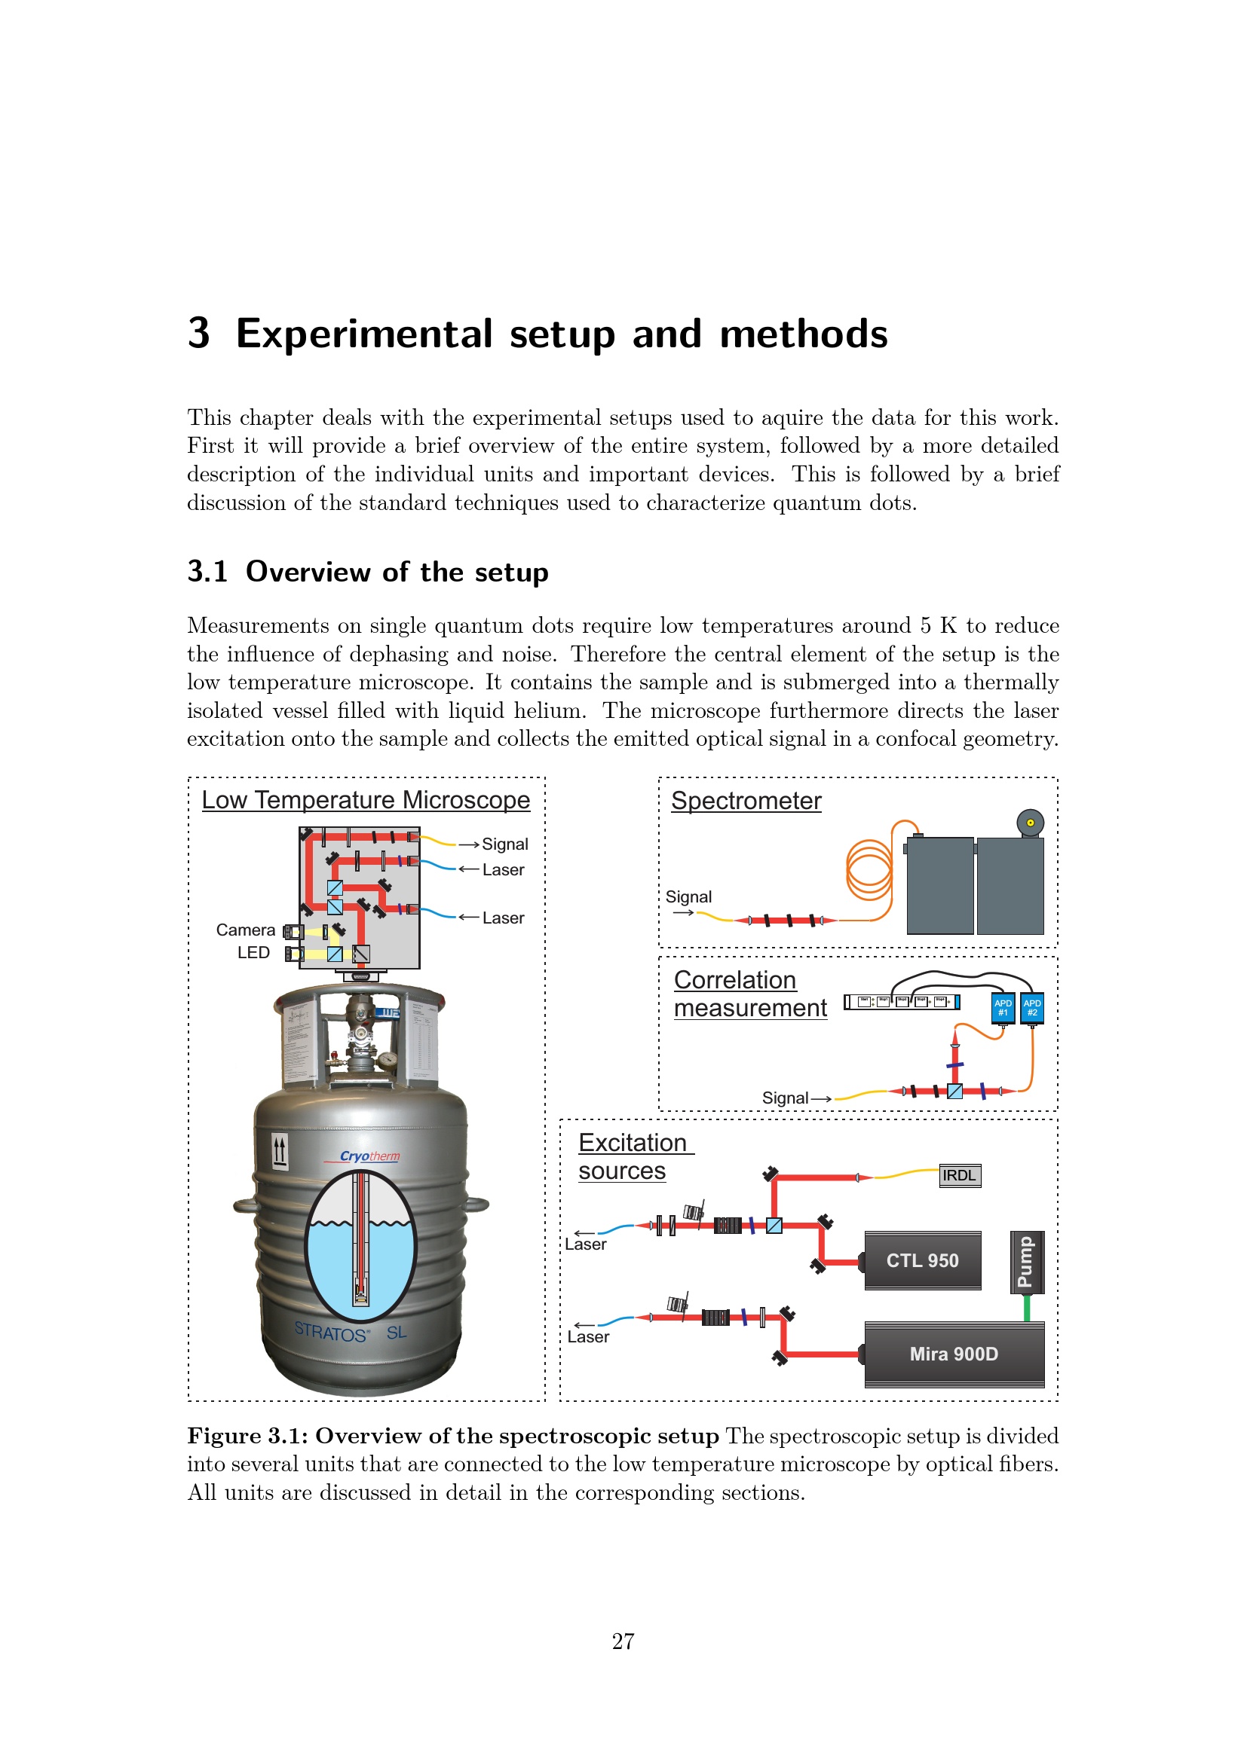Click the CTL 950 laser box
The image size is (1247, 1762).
click(922, 1260)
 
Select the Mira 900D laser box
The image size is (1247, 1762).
click(954, 1354)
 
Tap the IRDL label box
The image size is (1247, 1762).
click(960, 1176)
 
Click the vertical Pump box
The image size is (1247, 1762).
click(1025, 1262)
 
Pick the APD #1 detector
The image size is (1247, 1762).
click(1002, 1008)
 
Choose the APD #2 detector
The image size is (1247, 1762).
click(1032, 1008)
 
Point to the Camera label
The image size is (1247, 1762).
click(245, 930)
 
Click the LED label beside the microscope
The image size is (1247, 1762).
click(253, 952)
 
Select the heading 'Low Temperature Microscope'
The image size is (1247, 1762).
click(366, 800)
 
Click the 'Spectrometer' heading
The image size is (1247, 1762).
click(746, 801)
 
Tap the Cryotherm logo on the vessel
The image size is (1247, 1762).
click(369, 1156)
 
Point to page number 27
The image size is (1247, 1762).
click(623, 1641)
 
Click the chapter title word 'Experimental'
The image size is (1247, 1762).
click(363, 334)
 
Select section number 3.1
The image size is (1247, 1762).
click(207, 572)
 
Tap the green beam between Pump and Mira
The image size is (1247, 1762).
click(1027, 1308)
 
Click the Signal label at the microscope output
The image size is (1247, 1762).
click(504, 844)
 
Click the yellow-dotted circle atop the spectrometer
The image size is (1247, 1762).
click(1030, 823)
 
